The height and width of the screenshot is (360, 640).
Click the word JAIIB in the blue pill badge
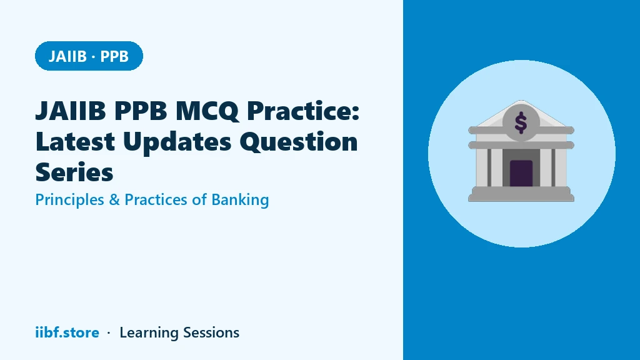tap(67, 56)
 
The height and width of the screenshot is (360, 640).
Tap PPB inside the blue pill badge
tap(114, 56)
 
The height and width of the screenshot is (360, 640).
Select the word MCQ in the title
tap(207, 111)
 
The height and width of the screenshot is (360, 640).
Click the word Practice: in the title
tap(303, 111)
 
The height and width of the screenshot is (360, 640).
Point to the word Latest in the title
tap(75, 142)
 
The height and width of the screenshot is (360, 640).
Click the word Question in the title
tap(298, 142)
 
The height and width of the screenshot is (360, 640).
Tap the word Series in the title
tap(74, 172)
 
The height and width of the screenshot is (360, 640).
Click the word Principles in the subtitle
tap(70, 200)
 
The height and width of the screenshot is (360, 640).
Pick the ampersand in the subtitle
tap(114, 200)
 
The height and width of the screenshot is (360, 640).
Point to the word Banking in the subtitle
tap(240, 200)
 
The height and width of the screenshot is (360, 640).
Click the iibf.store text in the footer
tap(67, 332)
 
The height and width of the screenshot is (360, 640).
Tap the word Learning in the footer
tap(149, 333)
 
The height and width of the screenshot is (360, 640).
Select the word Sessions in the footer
tap(211, 332)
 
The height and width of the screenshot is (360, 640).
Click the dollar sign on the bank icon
tap(521, 123)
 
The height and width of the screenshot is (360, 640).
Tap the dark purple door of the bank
tap(521, 173)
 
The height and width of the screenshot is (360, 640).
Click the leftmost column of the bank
tap(482, 167)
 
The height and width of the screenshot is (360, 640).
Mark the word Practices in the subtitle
tap(156, 200)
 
